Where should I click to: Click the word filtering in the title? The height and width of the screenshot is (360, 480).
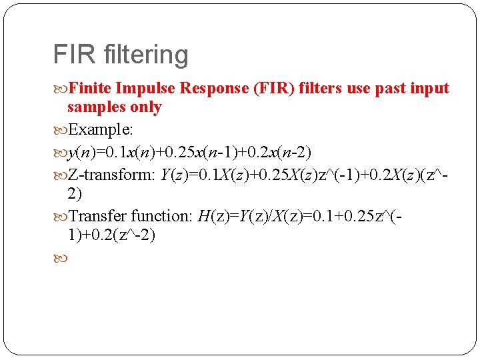[x=147, y=55]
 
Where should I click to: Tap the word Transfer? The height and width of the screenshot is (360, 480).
[x=97, y=216]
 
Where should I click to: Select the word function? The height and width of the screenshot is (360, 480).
[x=161, y=216]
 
